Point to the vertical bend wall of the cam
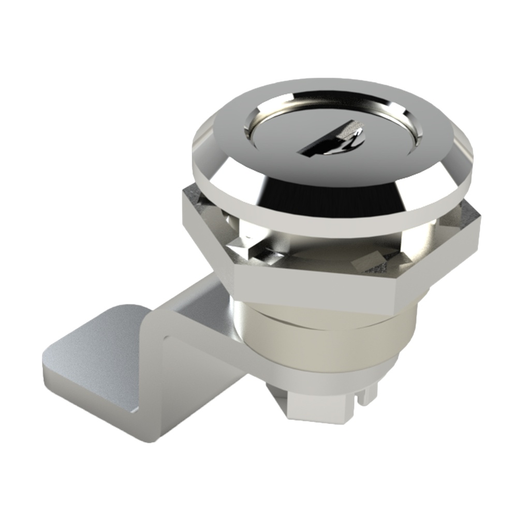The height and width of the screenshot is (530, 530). [x=155, y=383]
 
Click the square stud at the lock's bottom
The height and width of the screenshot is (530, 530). [x=321, y=409]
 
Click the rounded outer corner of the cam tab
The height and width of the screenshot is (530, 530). [x=52, y=352]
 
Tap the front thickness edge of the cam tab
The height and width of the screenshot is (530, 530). [x=88, y=409]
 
